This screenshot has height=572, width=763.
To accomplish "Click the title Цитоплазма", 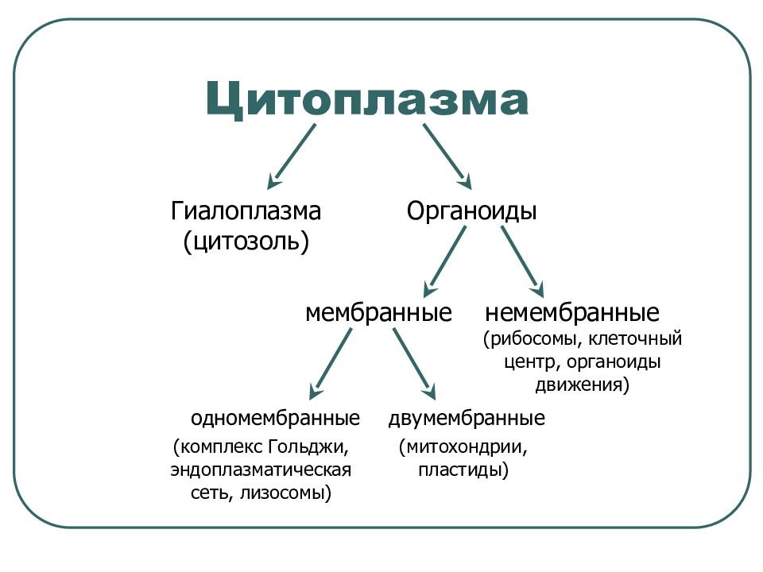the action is point(367,99).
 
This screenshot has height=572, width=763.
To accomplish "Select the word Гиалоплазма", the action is point(246,211).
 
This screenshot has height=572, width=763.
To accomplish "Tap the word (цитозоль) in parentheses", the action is point(246,242).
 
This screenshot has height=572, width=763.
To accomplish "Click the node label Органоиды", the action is point(471,211).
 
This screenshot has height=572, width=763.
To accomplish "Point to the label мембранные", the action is point(378,313).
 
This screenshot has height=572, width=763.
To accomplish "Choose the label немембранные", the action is point(572,313).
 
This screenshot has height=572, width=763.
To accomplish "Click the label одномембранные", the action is point(276,419).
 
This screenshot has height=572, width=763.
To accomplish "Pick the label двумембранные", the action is point(467,419).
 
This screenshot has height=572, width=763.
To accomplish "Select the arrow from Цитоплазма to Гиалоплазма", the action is point(291,157).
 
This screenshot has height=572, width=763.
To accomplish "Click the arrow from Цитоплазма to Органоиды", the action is point(447,157).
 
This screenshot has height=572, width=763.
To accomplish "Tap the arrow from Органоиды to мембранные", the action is point(444,261).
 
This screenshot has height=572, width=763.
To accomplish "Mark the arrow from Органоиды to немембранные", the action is point(523,261).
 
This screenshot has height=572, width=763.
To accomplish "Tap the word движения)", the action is point(583,385).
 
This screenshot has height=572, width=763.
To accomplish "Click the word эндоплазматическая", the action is point(261,470).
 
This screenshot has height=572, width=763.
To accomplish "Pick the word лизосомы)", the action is point(286,493).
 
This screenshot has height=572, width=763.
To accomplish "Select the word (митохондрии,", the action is point(463,446).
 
